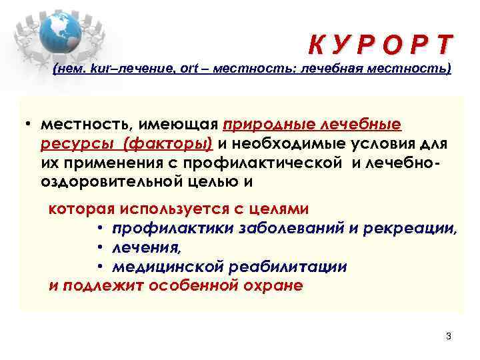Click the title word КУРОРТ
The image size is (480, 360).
(x=380, y=45)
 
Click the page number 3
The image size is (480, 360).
(x=449, y=335)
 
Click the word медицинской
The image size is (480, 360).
(x=169, y=267)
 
